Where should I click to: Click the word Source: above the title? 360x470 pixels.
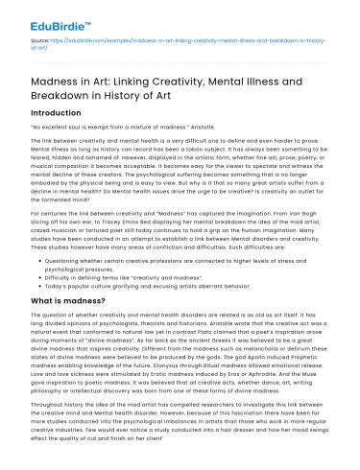tap(38, 42)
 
